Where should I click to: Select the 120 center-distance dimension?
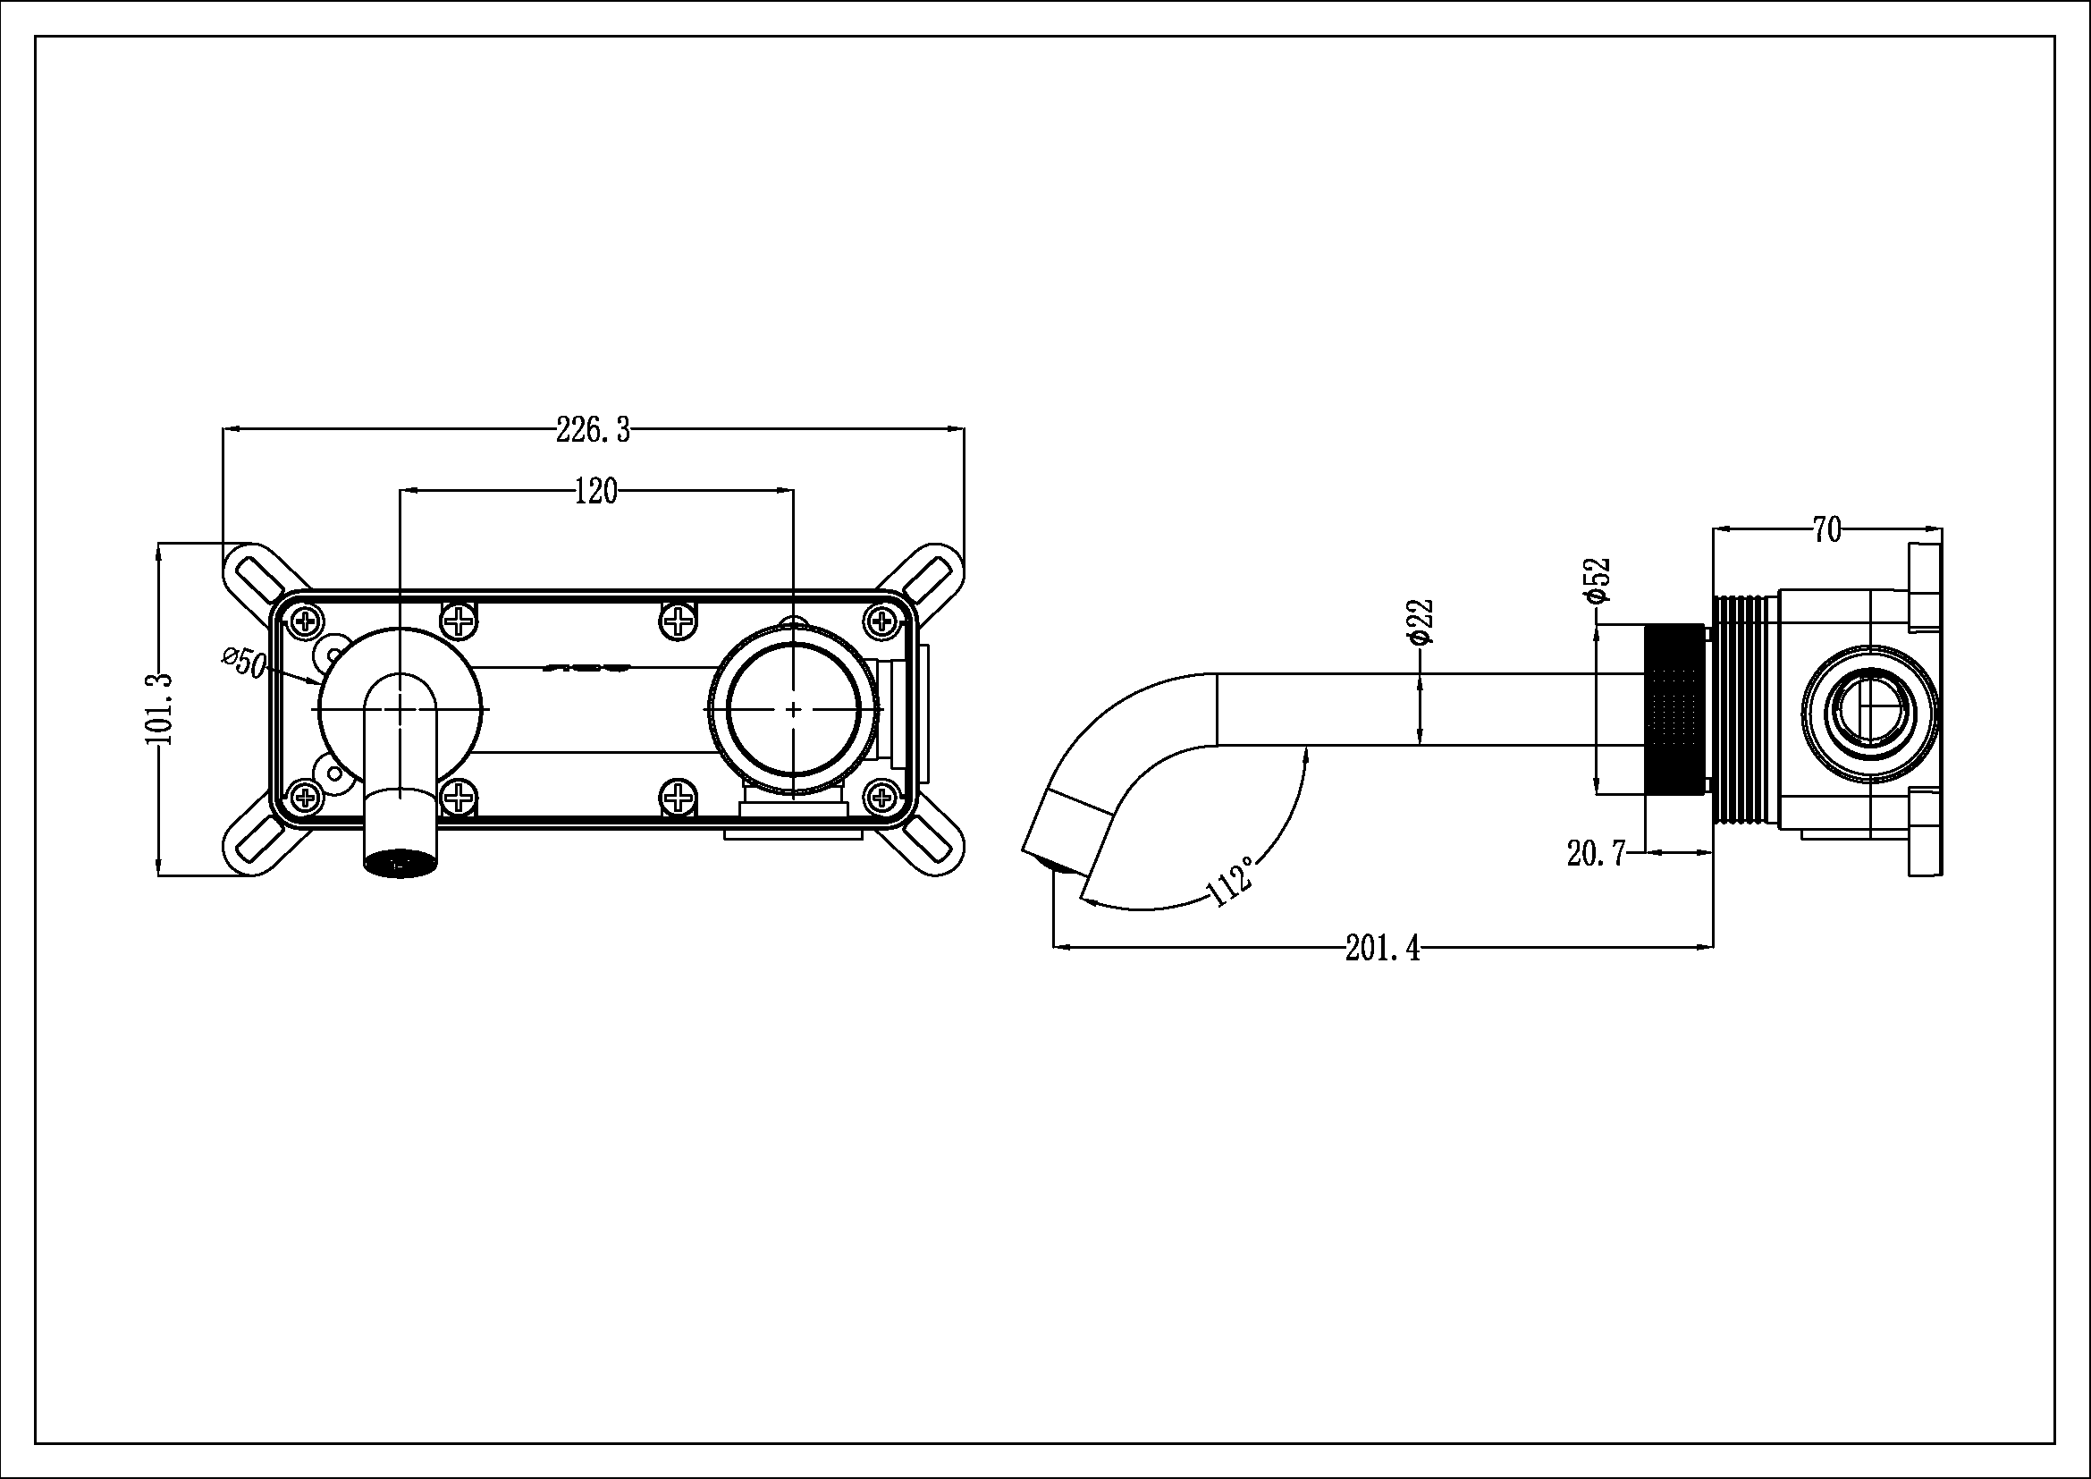pyautogui.click(x=595, y=492)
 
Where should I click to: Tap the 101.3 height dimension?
pyautogui.click(x=159, y=709)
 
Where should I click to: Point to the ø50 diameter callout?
pyautogui.click(x=244, y=662)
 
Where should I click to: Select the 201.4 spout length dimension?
pyautogui.click(x=1382, y=949)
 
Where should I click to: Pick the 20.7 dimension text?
pyautogui.click(x=1596, y=853)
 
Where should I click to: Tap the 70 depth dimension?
pyautogui.click(x=1826, y=530)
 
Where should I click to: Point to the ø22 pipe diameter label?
pyautogui.click(x=1421, y=622)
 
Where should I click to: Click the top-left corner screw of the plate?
pyautogui.click(x=305, y=623)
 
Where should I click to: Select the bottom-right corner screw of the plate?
pyautogui.click(x=881, y=798)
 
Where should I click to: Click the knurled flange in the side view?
pyautogui.click(x=1675, y=708)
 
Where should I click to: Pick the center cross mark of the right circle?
pyautogui.click(x=793, y=708)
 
